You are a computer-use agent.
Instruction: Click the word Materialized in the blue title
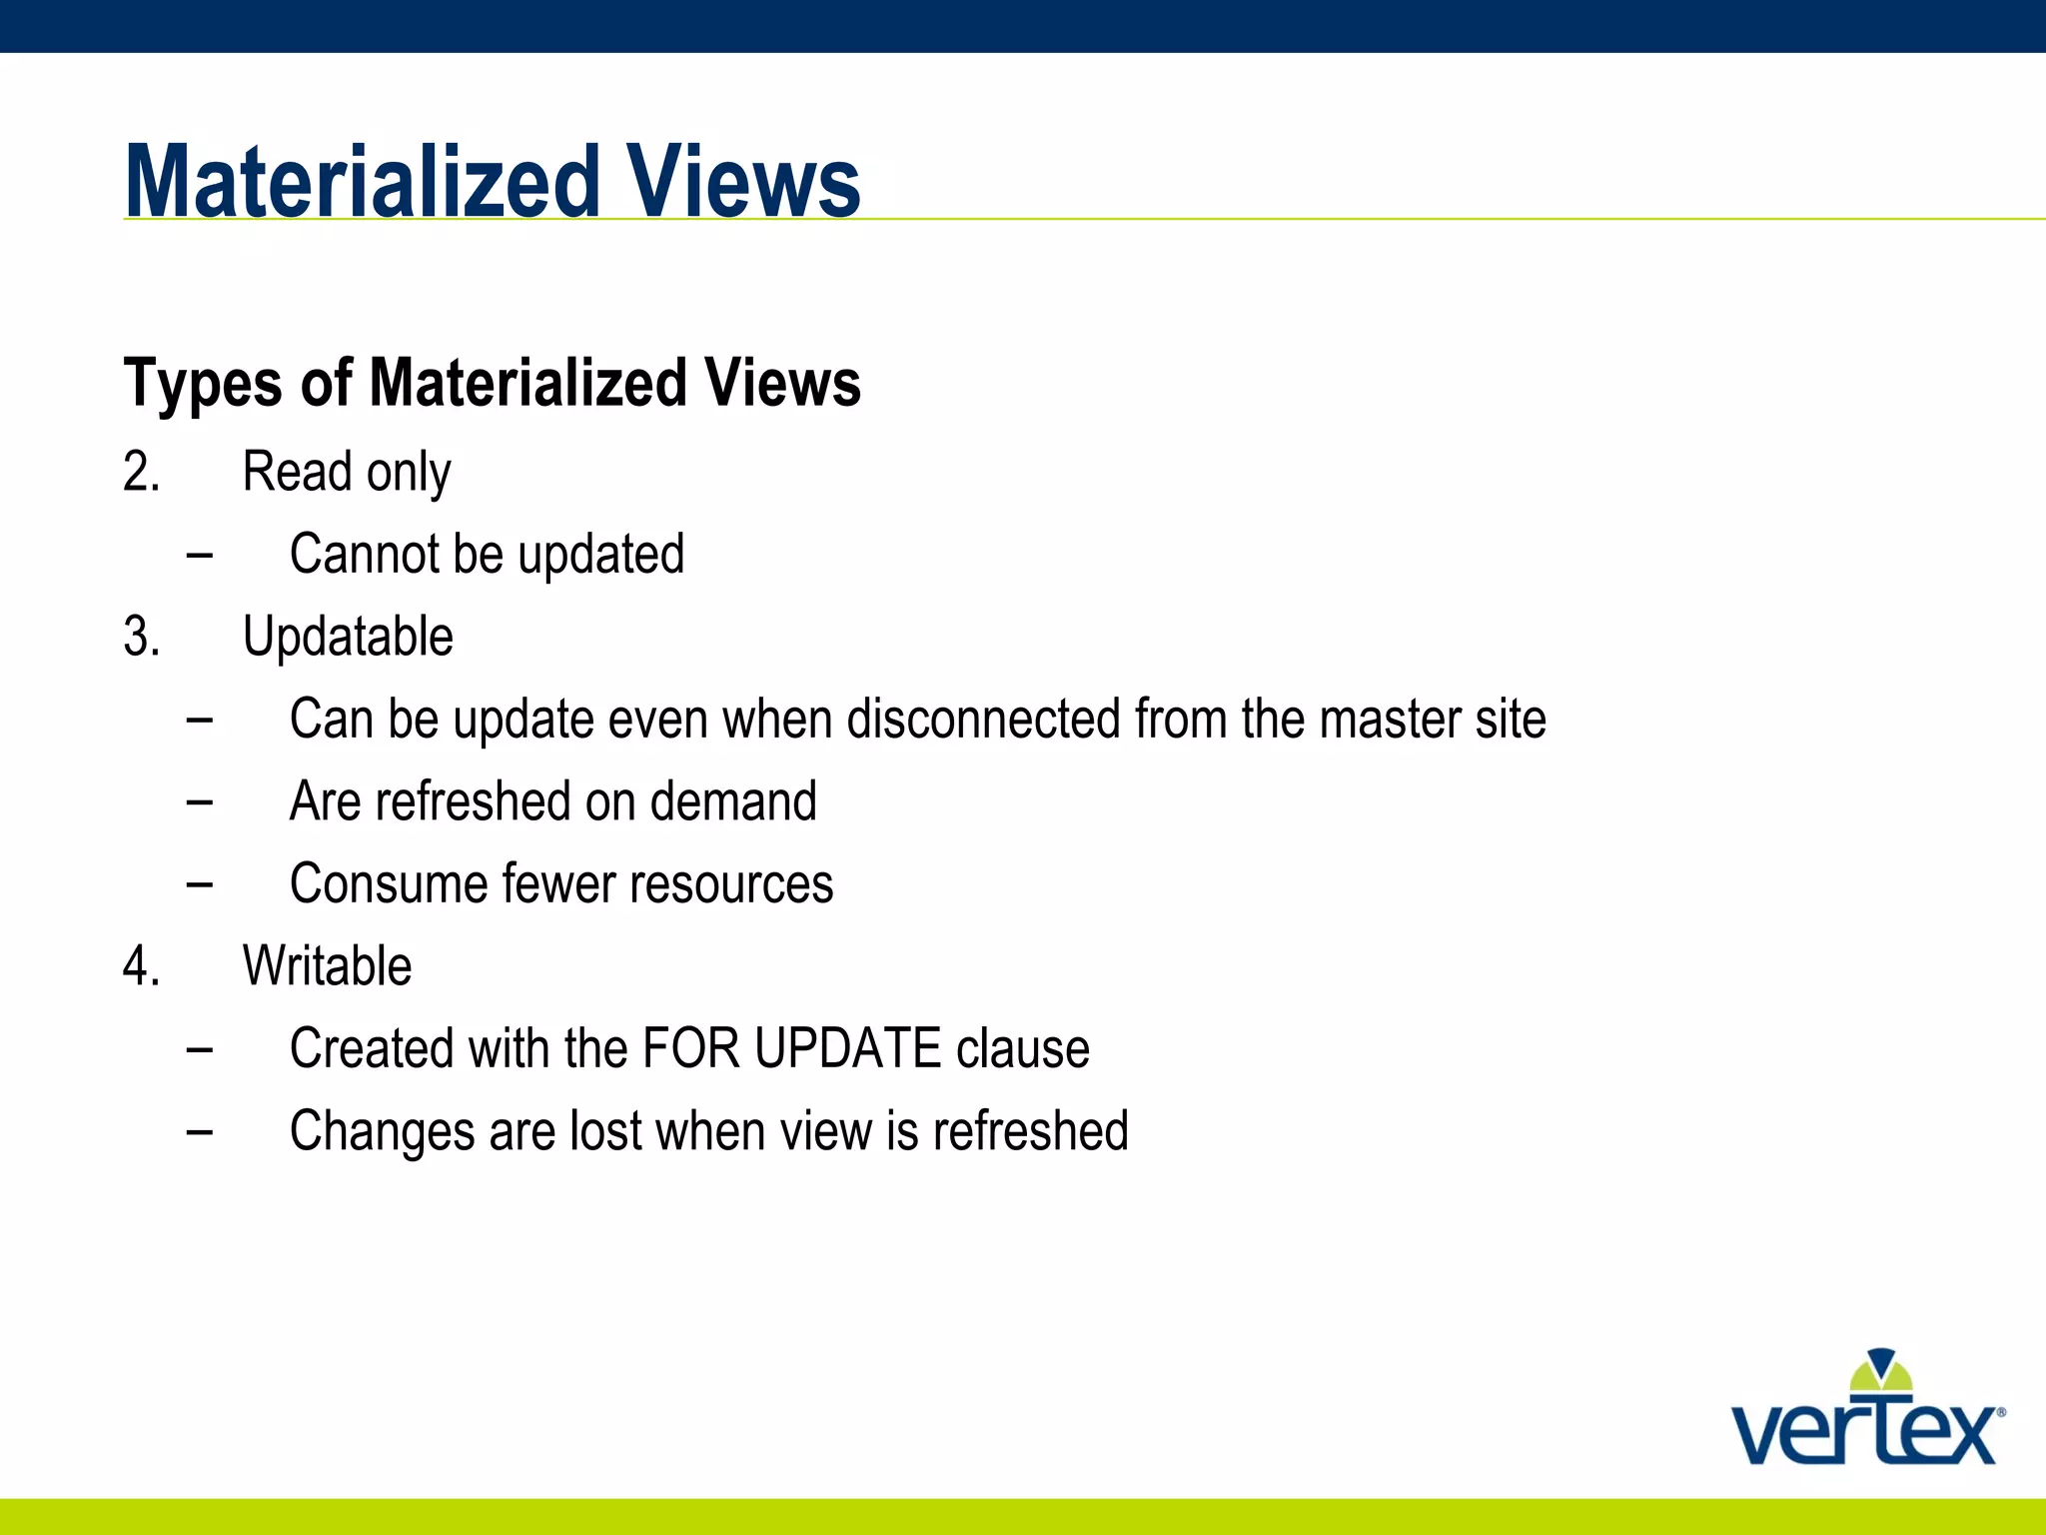[x=362, y=182]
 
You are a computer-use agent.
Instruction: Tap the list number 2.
[x=141, y=472]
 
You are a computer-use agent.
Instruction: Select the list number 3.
[x=141, y=637]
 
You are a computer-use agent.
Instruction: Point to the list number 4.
[x=141, y=966]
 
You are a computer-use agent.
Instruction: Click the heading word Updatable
[x=348, y=637]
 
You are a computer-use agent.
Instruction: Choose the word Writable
[x=327, y=966]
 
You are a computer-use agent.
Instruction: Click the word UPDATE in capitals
[x=847, y=1048]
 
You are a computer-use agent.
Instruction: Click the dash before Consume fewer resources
[x=199, y=883]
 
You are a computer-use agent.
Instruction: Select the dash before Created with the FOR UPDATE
[x=199, y=1048]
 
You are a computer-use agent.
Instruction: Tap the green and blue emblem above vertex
[x=1880, y=1373]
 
